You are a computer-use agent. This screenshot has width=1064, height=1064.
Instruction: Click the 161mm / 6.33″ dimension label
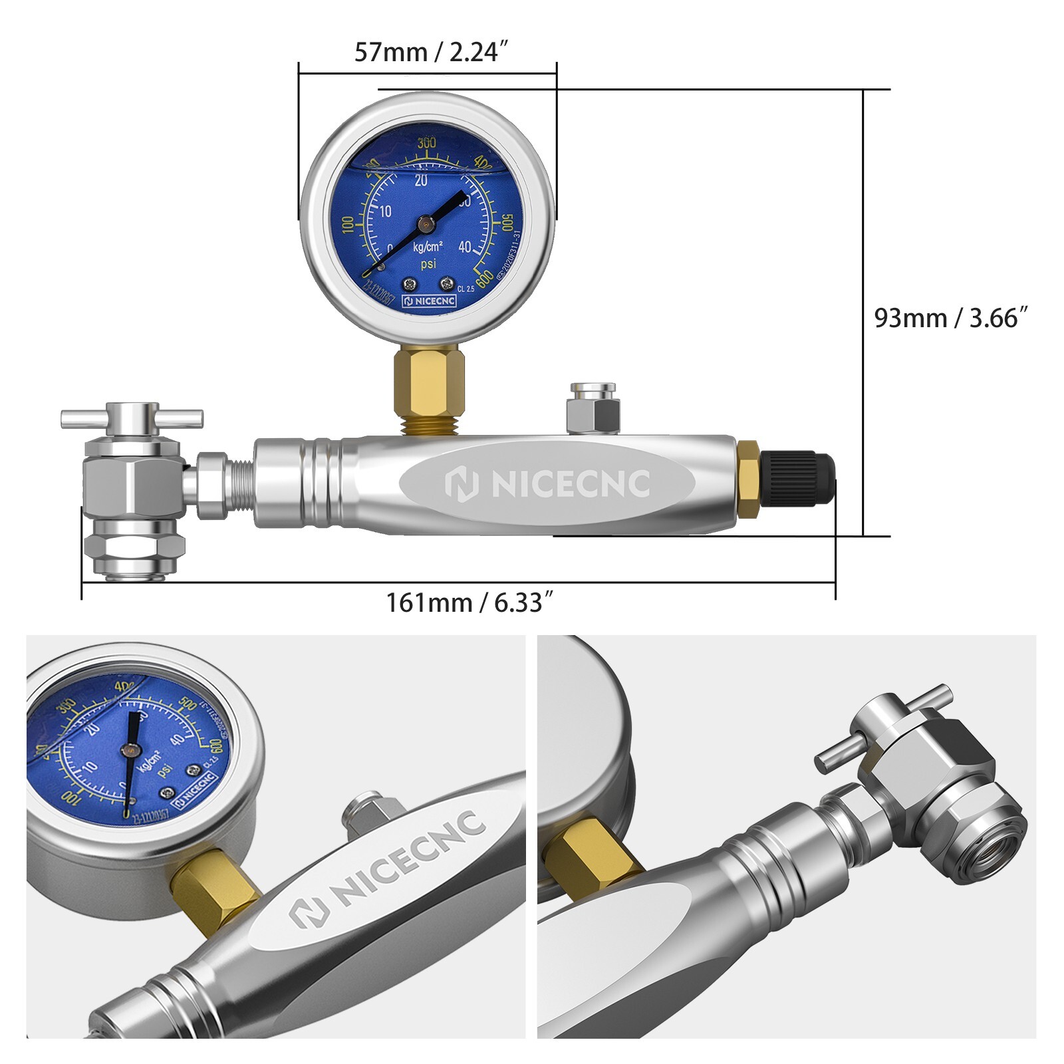[x=469, y=602]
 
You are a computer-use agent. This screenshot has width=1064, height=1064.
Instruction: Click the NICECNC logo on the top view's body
[x=547, y=483]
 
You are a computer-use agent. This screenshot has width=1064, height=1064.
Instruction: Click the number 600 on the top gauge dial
[x=485, y=276]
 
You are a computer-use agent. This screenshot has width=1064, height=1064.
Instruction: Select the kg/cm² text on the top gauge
[x=428, y=247]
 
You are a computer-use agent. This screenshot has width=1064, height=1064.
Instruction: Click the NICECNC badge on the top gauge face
[x=430, y=301]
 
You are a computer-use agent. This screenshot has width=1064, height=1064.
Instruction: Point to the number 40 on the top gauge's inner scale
[x=464, y=247]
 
